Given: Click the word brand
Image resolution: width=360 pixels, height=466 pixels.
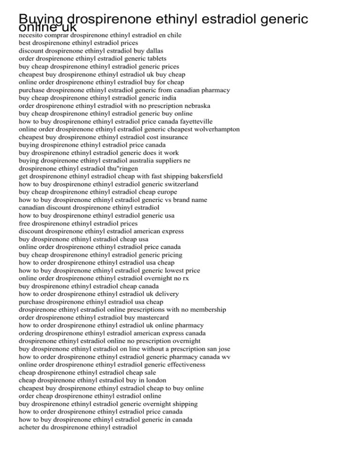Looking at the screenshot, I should (174, 200).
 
